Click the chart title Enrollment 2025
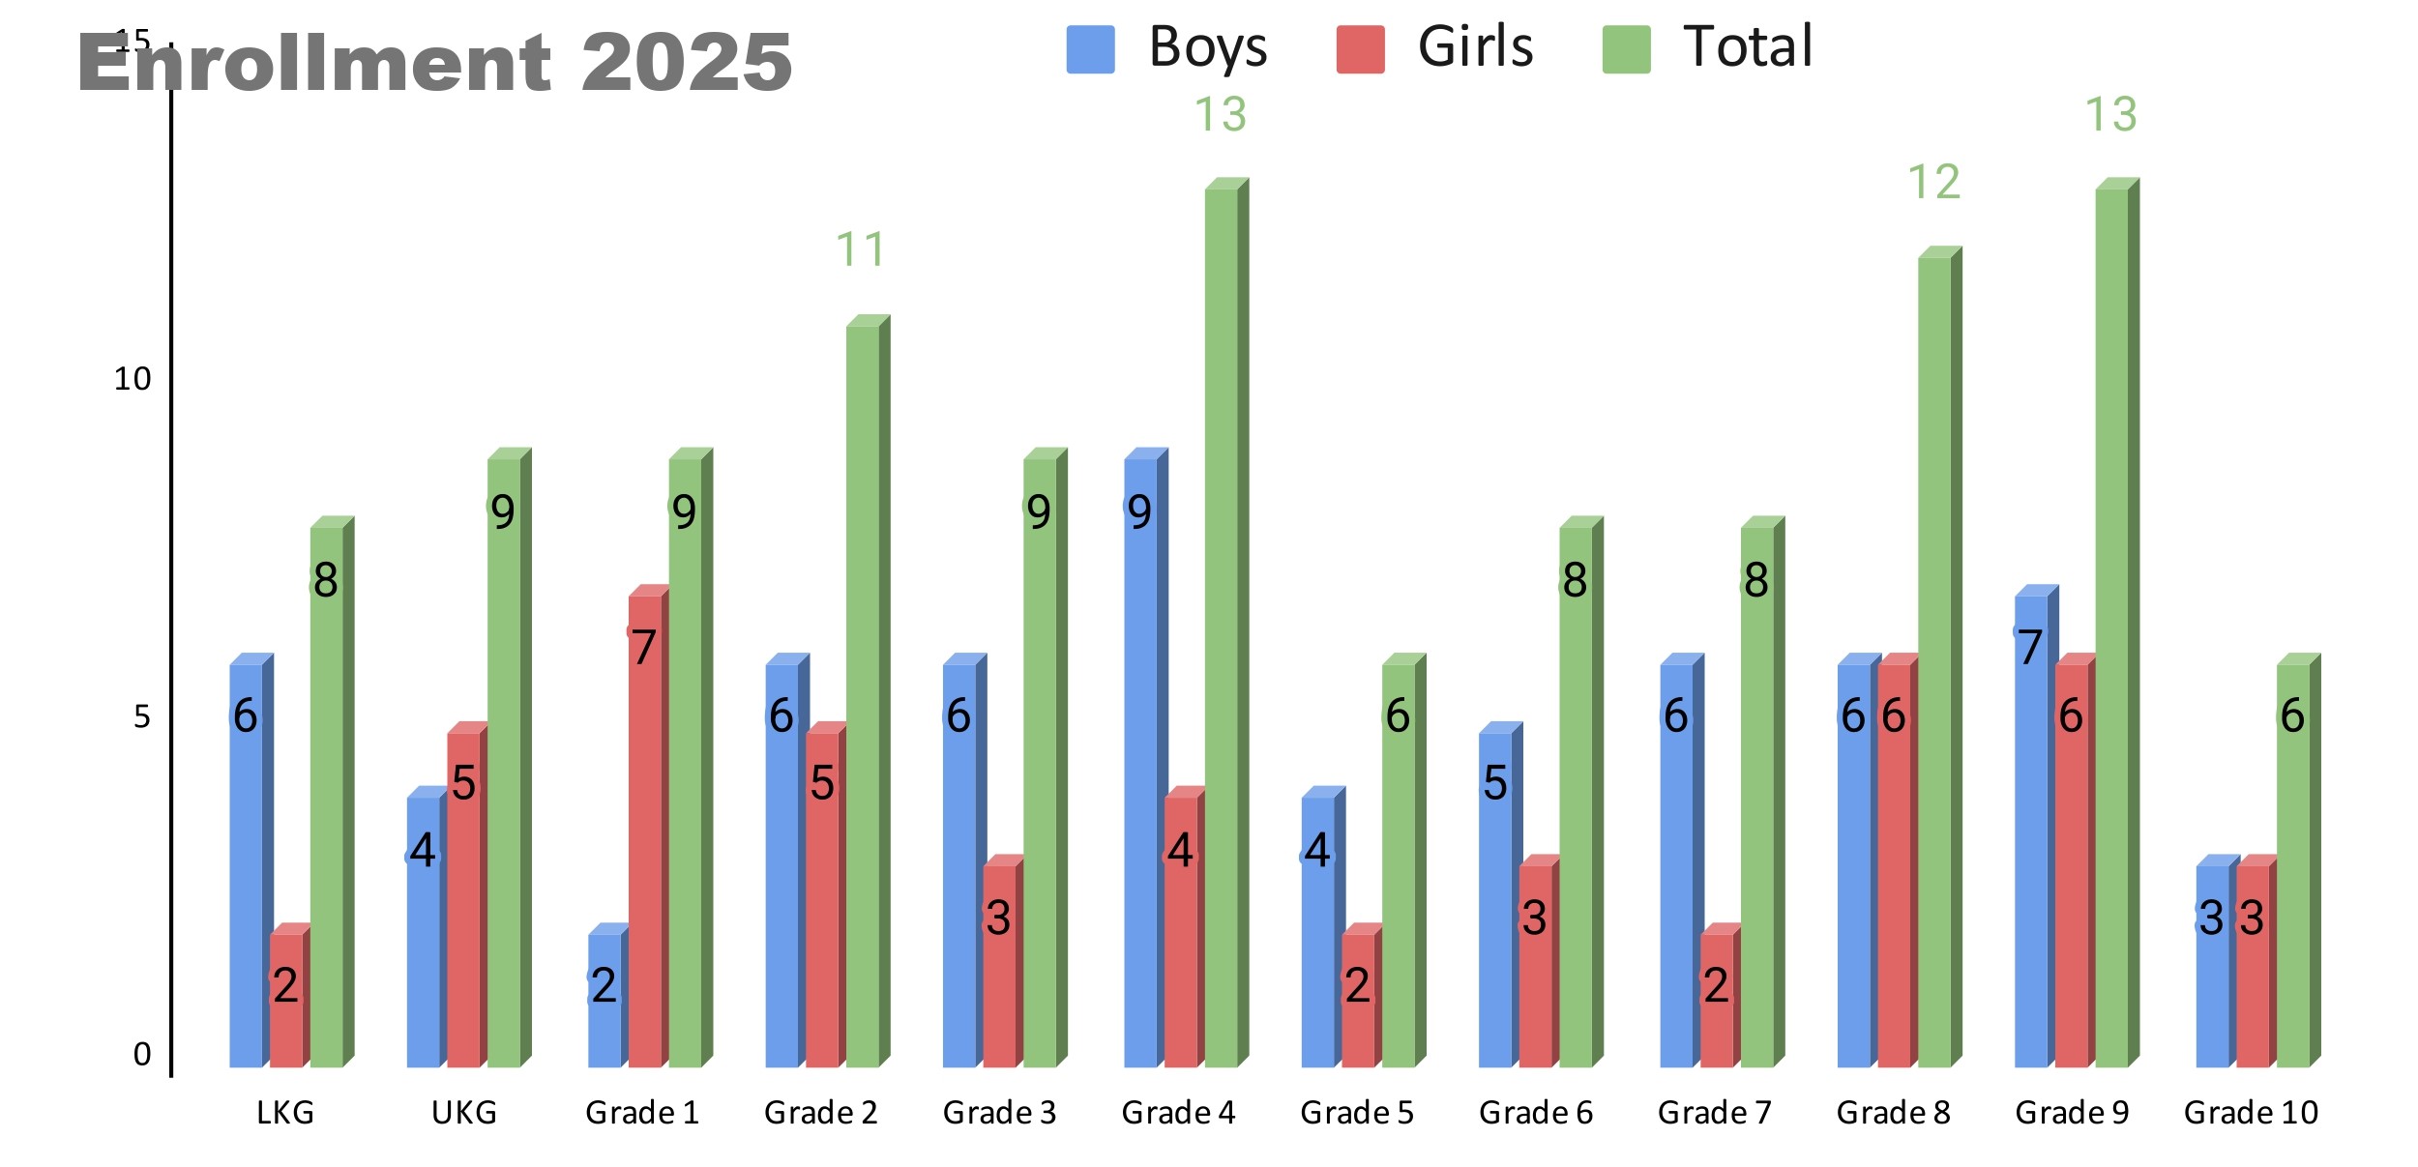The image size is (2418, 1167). [x=434, y=63]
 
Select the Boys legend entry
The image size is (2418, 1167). [x=1166, y=48]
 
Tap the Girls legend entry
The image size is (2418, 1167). [x=1435, y=48]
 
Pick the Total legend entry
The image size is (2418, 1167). [x=1707, y=48]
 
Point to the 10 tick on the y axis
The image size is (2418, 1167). [x=133, y=379]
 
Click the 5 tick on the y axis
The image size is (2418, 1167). [x=142, y=716]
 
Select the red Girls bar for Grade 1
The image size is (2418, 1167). [x=645, y=831]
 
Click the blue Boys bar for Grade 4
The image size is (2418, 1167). [x=1141, y=764]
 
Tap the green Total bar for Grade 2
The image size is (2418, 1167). [x=863, y=696]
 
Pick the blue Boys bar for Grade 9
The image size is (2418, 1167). [x=2031, y=831]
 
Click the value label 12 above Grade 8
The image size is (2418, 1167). [x=1933, y=182]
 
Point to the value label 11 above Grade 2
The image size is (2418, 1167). [x=860, y=249]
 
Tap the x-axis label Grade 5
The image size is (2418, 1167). [x=1356, y=1113]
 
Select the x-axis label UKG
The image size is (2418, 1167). [x=464, y=1113]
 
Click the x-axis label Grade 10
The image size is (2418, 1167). [x=2251, y=1113]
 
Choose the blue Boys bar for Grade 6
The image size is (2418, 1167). [x=1495, y=899]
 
